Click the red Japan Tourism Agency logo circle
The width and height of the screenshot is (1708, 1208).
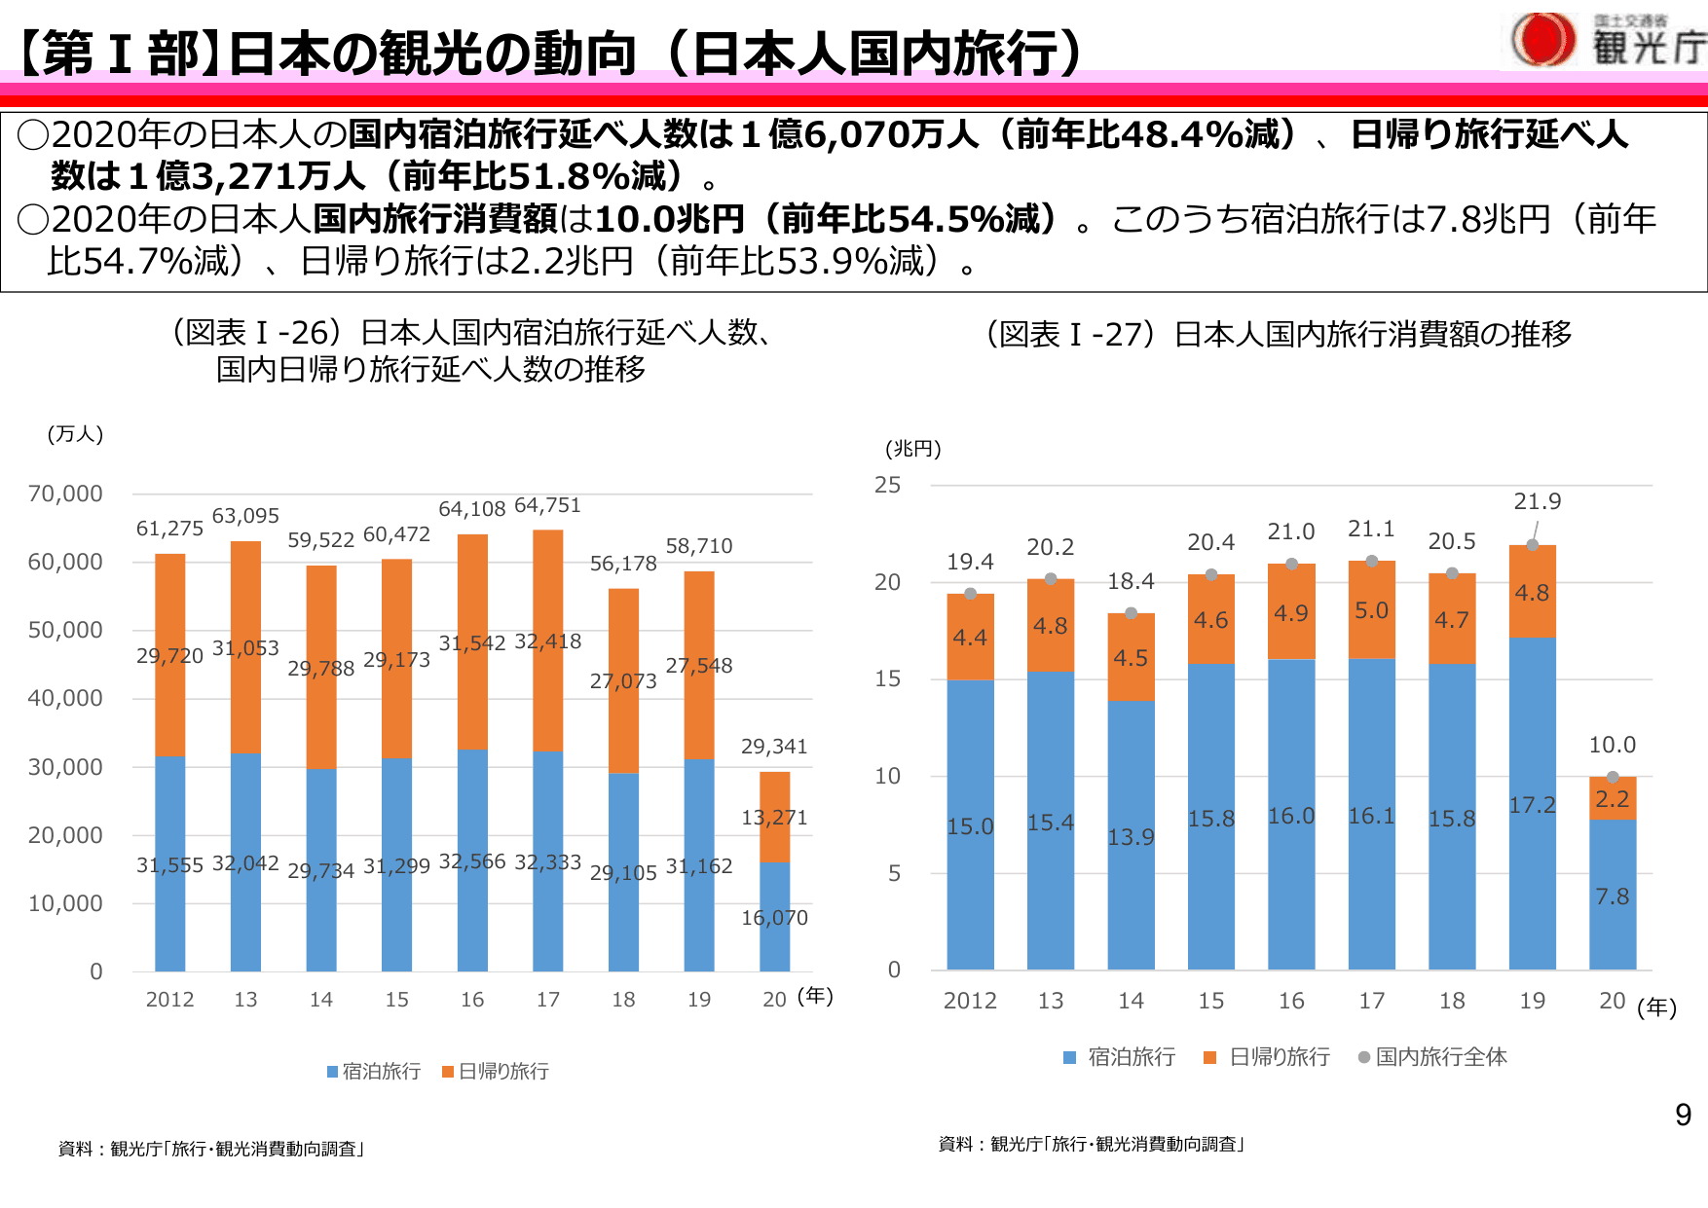click(x=1543, y=40)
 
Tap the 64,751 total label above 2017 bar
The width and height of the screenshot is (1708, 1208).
click(x=547, y=505)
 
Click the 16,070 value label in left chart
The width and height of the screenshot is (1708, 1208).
click(x=774, y=918)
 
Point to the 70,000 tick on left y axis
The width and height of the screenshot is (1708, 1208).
click(x=65, y=494)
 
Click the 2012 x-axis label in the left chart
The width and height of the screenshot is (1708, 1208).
click(x=169, y=1000)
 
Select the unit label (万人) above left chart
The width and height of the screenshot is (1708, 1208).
click(x=75, y=434)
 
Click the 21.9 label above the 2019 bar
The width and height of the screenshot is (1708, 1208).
click(x=1537, y=501)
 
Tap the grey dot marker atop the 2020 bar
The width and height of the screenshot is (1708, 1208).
click(x=1613, y=777)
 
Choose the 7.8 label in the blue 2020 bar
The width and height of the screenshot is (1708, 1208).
click(x=1612, y=897)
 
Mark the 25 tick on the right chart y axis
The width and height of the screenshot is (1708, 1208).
click(x=887, y=485)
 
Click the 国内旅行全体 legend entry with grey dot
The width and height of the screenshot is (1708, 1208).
click(x=1433, y=1057)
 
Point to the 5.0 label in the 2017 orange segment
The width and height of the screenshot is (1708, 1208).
click(x=1371, y=610)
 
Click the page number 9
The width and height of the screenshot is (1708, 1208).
click(x=1683, y=1116)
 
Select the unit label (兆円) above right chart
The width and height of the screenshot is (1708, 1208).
click(x=912, y=449)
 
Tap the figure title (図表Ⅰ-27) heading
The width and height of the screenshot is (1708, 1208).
click(x=1279, y=334)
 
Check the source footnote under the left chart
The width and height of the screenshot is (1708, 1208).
click(x=211, y=1149)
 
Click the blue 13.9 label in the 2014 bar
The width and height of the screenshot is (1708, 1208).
click(x=1131, y=837)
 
